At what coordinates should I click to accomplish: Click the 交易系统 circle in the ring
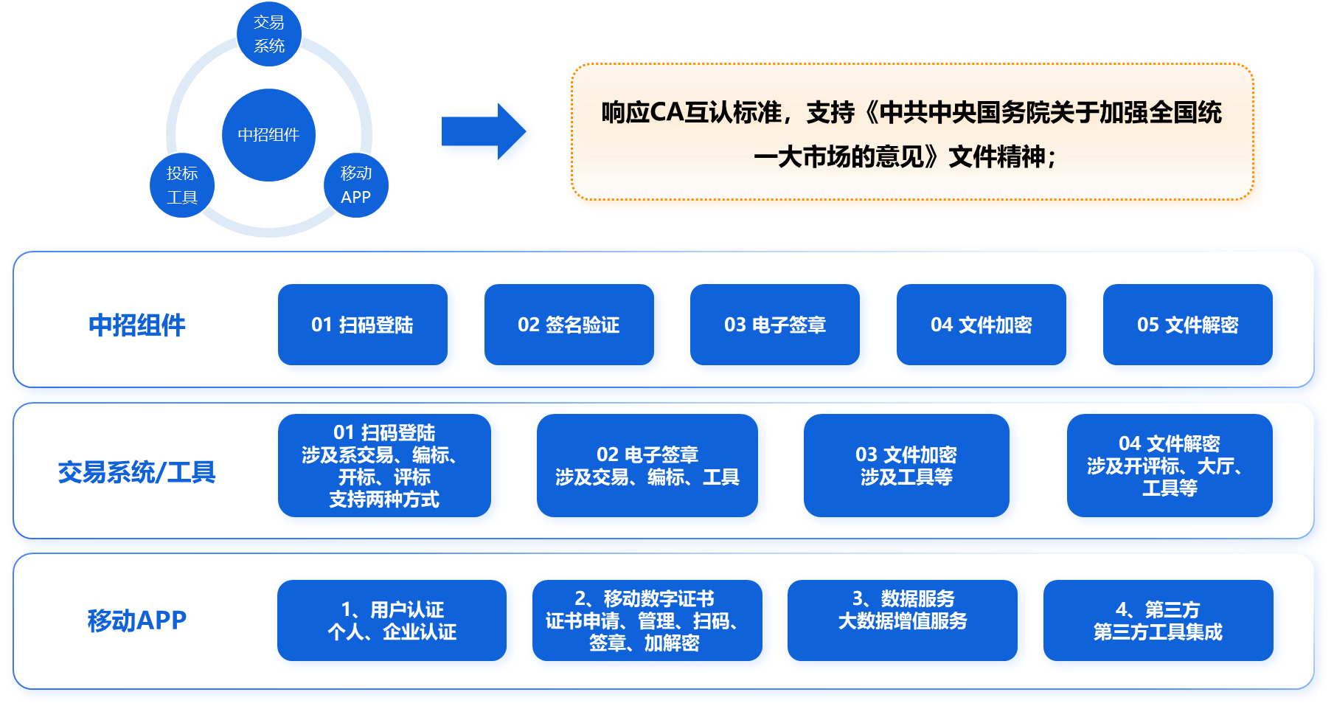[269, 34]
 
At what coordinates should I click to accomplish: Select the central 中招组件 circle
[268, 135]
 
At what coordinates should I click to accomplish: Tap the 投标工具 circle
[182, 185]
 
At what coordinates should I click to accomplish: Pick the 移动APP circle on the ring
[355, 185]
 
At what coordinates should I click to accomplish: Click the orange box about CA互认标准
[914, 135]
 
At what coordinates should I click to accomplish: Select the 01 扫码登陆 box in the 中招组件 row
[362, 325]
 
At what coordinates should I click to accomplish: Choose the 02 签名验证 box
[569, 325]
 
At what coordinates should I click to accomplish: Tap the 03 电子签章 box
[774, 325]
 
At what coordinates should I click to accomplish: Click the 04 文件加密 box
[981, 325]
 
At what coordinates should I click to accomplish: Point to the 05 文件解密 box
[1187, 325]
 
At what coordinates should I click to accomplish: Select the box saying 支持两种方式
[384, 466]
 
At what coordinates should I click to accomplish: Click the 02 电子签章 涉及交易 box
[647, 466]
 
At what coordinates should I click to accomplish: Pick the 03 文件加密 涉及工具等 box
[906, 466]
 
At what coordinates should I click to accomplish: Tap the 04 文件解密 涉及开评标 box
[1169, 466]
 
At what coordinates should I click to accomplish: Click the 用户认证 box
[392, 620]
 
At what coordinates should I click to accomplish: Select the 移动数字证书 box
[647, 620]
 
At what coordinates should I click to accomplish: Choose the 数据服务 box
[902, 620]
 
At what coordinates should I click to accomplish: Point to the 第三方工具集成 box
[1158, 620]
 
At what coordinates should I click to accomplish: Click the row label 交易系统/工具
[136, 472]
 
